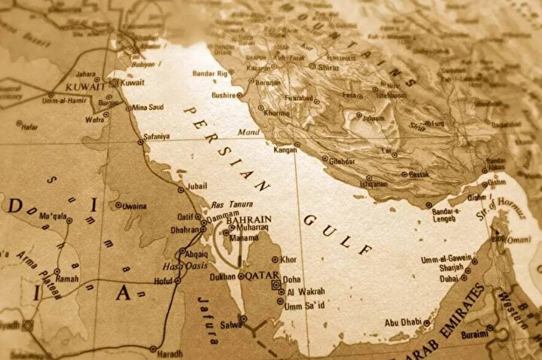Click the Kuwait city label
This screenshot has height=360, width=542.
click(x=133, y=83)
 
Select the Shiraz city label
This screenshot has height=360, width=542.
click(x=327, y=66)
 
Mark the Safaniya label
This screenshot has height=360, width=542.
click(x=157, y=138)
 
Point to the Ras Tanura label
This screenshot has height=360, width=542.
click(x=230, y=205)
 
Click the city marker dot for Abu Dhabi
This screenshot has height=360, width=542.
click(x=426, y=324)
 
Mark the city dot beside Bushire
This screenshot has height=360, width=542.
click(x=239, y=96)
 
